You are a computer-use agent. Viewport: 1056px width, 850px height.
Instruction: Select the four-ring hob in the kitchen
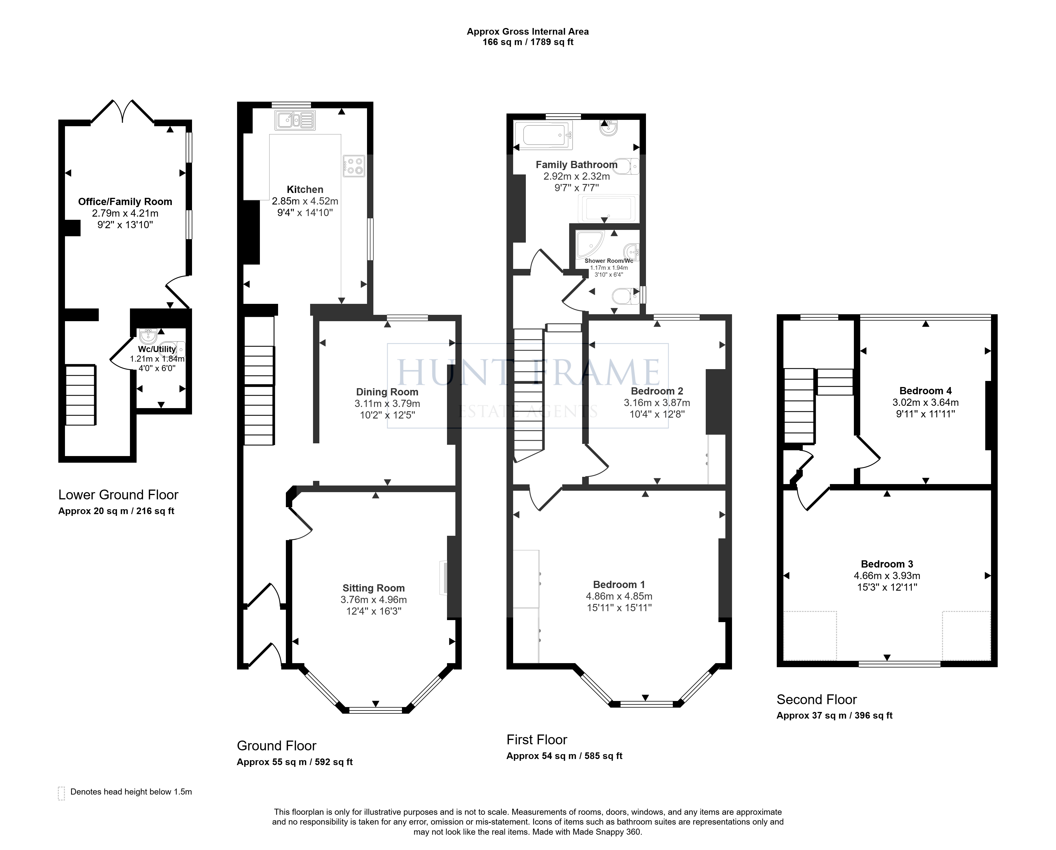[x=354, y=165]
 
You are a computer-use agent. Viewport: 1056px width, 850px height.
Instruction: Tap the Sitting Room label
[x=373, y=588]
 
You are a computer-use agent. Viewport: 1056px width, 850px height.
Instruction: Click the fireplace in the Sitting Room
[x=443, y=578]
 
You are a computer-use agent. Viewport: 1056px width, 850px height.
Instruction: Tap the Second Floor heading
[x=817, y=699]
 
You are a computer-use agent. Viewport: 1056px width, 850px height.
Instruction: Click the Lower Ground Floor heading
[x=118, y=494]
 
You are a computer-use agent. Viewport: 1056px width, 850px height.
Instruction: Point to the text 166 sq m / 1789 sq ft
[x=528, y=42]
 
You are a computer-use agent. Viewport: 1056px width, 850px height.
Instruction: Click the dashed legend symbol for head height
[x=61, y=793]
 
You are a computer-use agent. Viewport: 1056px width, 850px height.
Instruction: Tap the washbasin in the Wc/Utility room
[x=148, y=336]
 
